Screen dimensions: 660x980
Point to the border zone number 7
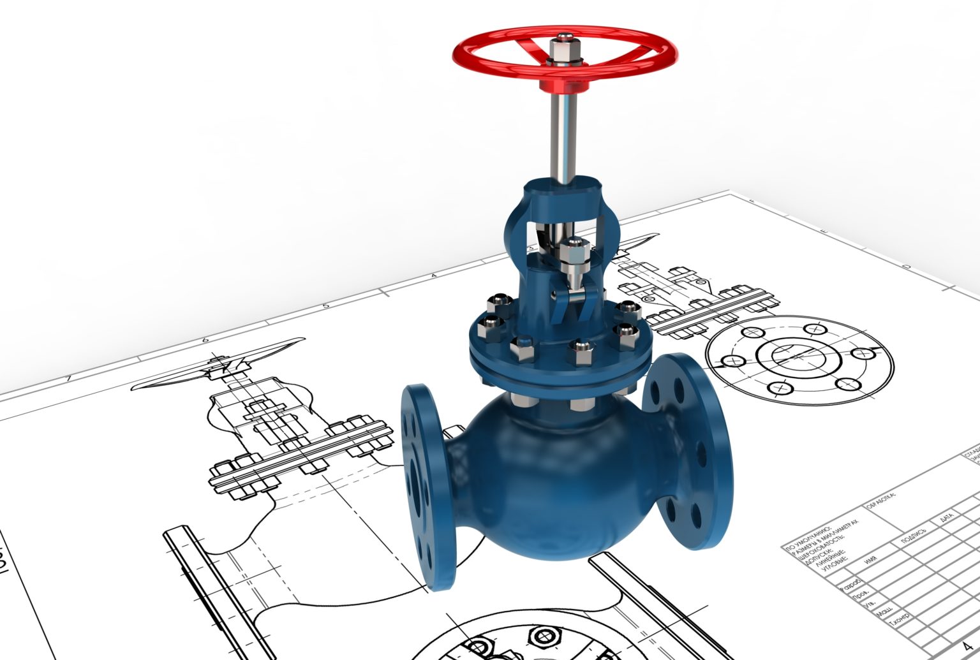[68, 379]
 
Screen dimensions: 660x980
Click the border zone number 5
[326, 305]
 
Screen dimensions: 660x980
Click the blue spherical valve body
[542, 485]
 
